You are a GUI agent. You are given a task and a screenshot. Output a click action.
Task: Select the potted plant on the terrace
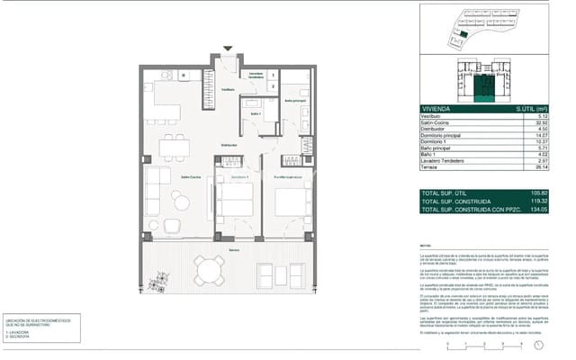[x=159, y=287]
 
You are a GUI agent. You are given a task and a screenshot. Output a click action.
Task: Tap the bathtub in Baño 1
[x=251, y=115]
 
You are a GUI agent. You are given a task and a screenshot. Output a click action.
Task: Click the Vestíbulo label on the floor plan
[x=229, y=90]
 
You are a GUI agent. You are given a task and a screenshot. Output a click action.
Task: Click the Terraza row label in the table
[x=433, y=166]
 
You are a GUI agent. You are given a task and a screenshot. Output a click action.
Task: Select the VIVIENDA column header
[x=437, y=108]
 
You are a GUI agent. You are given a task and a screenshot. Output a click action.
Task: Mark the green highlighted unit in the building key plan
[x=484, y=87]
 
